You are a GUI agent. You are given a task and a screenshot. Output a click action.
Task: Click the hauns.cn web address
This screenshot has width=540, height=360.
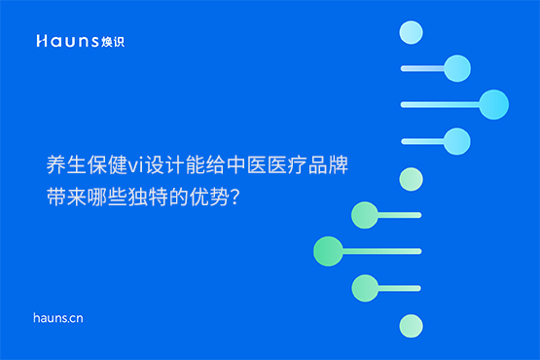click(57, 317)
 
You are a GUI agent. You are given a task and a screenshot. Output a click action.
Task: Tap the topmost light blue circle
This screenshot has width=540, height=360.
click(412, 33)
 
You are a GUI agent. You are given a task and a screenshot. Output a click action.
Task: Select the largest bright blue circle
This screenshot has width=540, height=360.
click(494, 103)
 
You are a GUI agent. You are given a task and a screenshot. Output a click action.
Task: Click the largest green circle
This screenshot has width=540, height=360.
click(328, 250)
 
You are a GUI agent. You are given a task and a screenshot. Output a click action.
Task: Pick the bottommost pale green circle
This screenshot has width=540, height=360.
click(412, 324)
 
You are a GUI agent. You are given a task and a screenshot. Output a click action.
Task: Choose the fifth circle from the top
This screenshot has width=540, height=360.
click(412, 178)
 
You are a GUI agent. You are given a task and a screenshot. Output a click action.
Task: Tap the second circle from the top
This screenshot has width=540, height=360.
click(456, 67)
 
